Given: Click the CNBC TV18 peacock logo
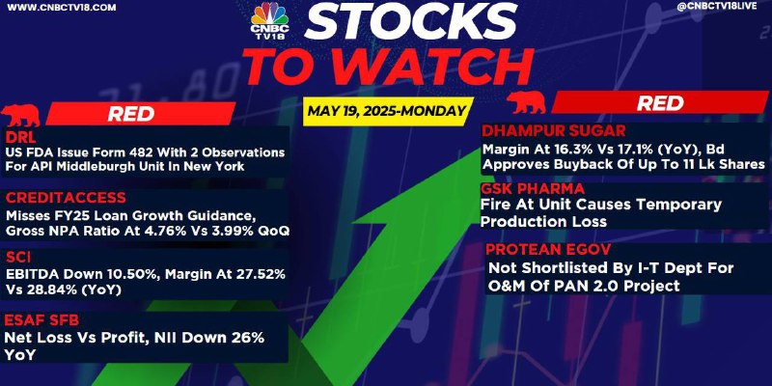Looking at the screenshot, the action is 269,19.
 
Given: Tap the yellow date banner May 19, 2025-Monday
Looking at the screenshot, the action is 387,111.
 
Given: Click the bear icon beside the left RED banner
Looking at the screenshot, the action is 20,115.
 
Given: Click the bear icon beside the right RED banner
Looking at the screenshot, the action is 526,102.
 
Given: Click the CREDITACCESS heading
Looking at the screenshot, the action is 66,198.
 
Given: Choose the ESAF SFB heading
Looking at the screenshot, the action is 41,321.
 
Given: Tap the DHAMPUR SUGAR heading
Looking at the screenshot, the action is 553,131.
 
